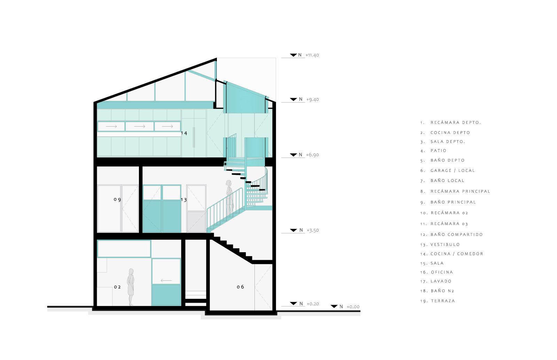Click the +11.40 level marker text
tap(312, 55)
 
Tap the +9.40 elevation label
tap(312, 99)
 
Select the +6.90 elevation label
tap(312, 155)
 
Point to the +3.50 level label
tap(313, 231)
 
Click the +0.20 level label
tap(313, 304)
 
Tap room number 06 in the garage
tap(240, 287)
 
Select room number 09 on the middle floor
tap(117, 200)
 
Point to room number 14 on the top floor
tap(184, 133)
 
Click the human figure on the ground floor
tap(131, 287)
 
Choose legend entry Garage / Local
tap(448, 171)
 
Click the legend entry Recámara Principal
tap(455, 192)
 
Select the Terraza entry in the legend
tap(438, 301)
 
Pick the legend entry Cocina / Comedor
tap(452, 254)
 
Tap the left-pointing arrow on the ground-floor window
tap(166, 280)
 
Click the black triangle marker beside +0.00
tap(334, 306)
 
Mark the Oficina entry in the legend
tap(437, 272)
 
